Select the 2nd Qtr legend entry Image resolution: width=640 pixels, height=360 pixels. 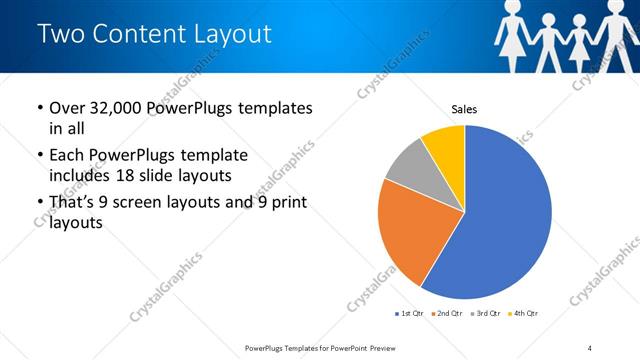445,314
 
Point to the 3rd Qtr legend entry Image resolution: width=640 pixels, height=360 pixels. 484,314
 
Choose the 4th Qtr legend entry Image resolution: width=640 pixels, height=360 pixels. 522,314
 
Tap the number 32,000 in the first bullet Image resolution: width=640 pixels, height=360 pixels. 119,108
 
